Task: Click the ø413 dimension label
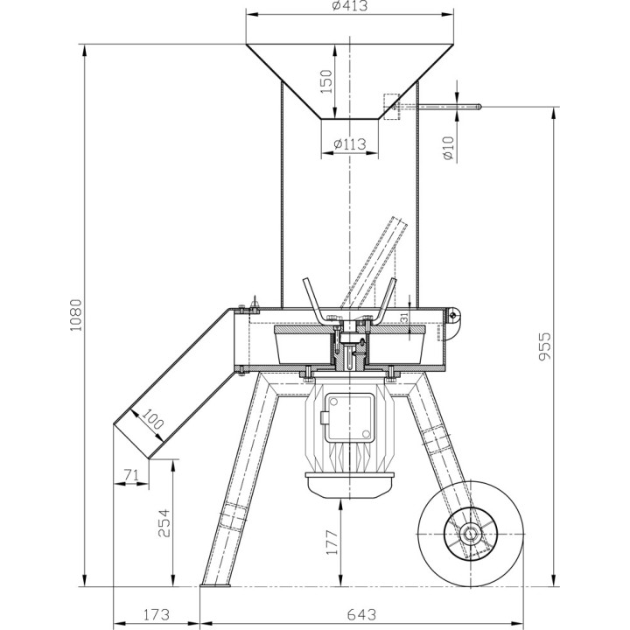click(x=350, y=5)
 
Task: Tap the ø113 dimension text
click(x=350, y=143)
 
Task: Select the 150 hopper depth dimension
click(x=327, y=81)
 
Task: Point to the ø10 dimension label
click(x=448, y=148)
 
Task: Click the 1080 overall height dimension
click(x=75, y=315)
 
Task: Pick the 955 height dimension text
click(x=545, y=346)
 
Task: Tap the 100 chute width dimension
click(x=153, y=418)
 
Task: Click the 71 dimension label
click(x=131, y=475)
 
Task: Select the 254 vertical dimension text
click(x=164, y=523)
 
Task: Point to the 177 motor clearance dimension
click(x=332, y=542)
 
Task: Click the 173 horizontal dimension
click(x=156, y=614)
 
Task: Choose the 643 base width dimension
click(x=361, y=614)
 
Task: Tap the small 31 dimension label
click(x=404, y=318)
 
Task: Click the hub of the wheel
click(x=470, y=534)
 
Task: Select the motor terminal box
click(x=349, y=417)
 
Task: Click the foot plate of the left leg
click(x=215, y=584)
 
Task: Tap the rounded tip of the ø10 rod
click(x=479, y=107)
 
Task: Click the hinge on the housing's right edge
click(x=453, y=315)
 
